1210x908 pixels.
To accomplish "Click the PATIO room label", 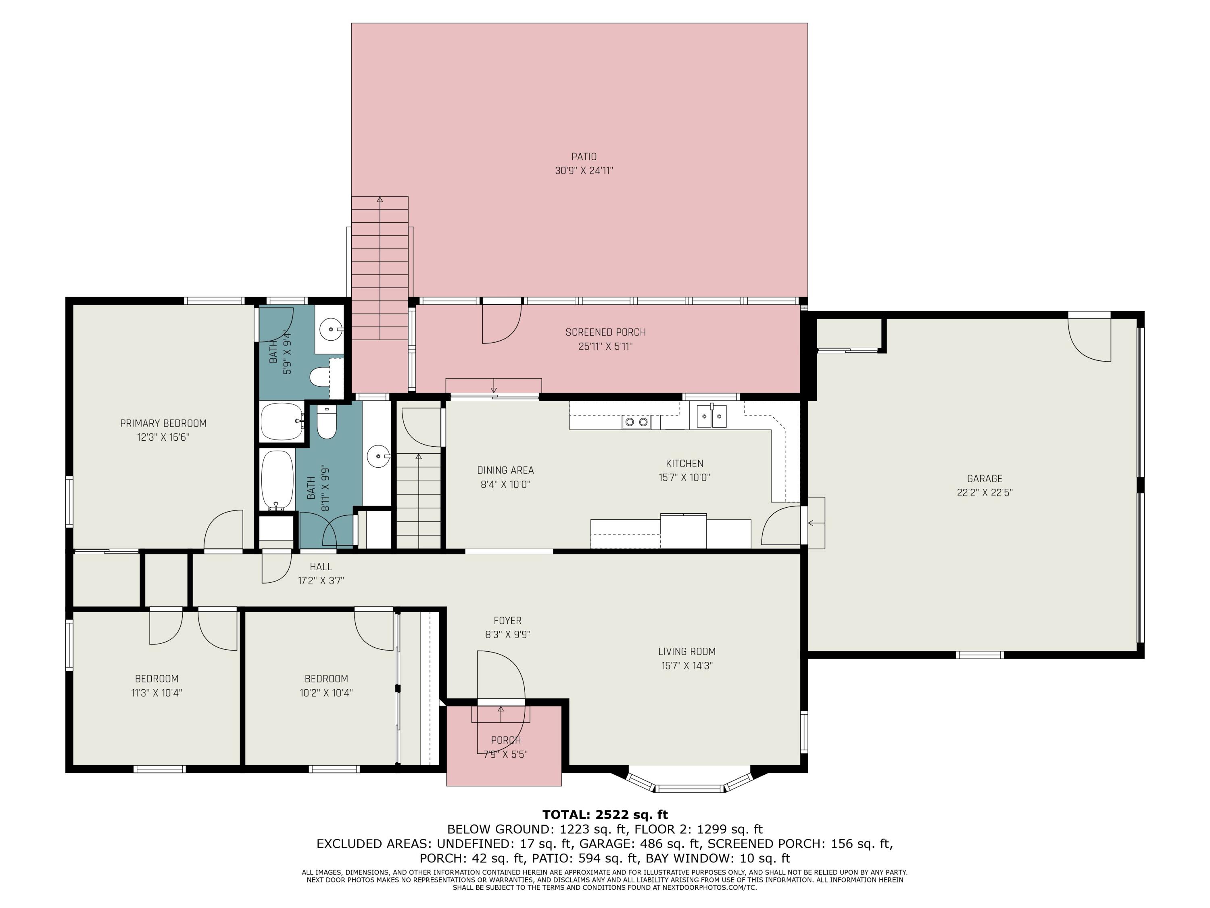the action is click(584, 157).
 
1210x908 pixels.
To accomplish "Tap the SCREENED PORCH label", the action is click(605, 332).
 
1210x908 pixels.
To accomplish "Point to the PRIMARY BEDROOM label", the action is click(163, 423).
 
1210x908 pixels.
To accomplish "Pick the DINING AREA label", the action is click(505, 470).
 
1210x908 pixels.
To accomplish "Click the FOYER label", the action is click(508, 621).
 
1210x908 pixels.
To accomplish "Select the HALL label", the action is click(321, 567).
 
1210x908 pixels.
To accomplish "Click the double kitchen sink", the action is click(711, 416).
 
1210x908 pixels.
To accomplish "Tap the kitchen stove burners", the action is click(636, 422).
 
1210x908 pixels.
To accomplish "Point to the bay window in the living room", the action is click(689, 781).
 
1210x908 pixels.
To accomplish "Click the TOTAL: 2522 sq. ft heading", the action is click(605, 815).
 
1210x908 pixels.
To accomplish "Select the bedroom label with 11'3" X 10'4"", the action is click(156, 679).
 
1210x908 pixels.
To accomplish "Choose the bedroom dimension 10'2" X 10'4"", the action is click(326, 693).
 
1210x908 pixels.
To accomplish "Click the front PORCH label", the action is click(505, 741).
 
